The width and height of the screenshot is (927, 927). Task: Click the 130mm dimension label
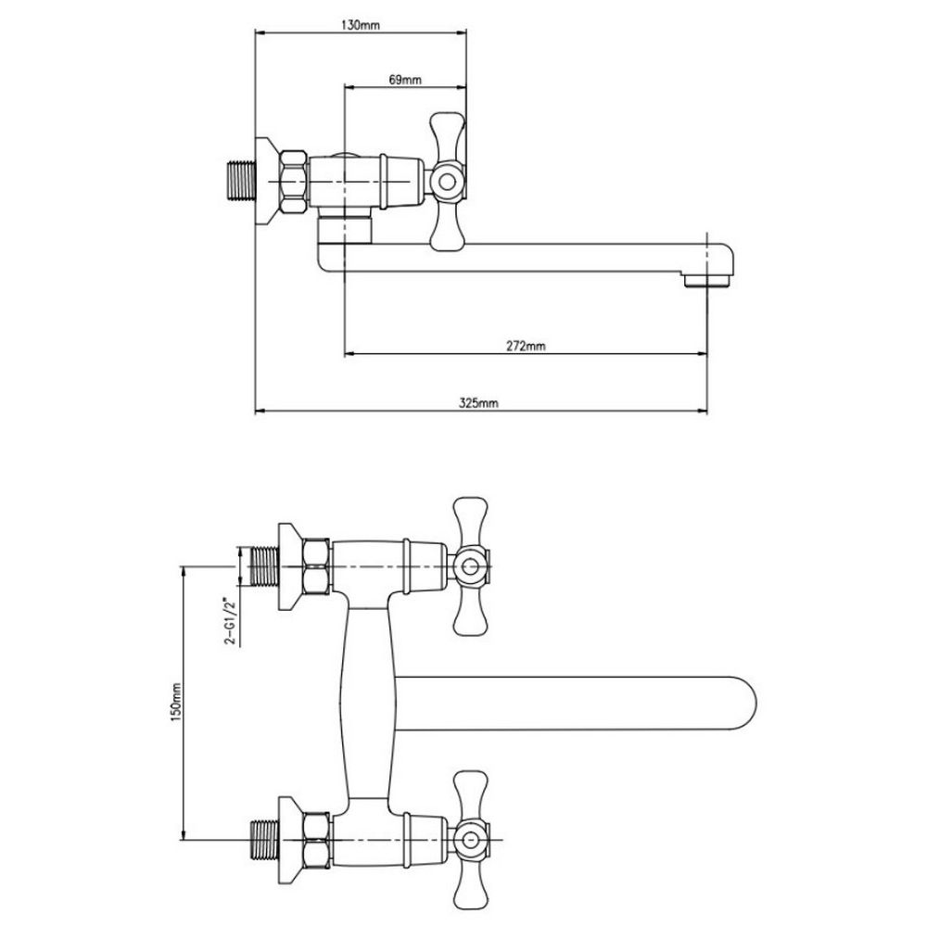coord(361,25)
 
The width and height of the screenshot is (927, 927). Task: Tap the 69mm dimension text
coord(405,80)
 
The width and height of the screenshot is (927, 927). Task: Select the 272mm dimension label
coord(527,346)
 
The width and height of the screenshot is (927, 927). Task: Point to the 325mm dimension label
coord(480,401)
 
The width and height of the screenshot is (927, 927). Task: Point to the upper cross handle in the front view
coord(471,565)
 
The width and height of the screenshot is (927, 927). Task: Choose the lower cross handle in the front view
coord(471,842)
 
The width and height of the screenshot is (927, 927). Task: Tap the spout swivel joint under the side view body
coord(345,227)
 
